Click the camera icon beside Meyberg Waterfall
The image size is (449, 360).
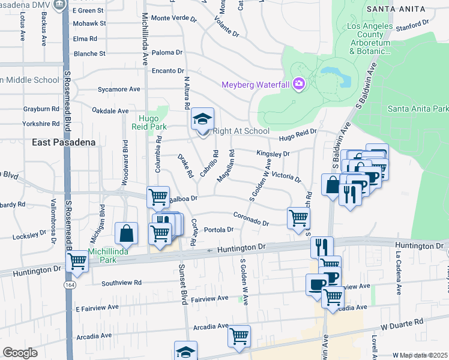coord(298,85)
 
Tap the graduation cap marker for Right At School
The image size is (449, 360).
coord(202,119)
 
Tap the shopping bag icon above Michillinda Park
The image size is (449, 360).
coord(127,233)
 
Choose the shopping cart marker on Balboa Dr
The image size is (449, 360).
coord(158,196)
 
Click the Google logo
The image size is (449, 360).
coord(20,353)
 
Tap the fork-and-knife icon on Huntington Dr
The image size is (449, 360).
coord(322,246)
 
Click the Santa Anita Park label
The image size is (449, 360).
coord(418,109)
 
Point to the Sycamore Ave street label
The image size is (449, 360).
coord(119,89)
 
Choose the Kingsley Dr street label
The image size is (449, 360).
coord(273,154)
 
